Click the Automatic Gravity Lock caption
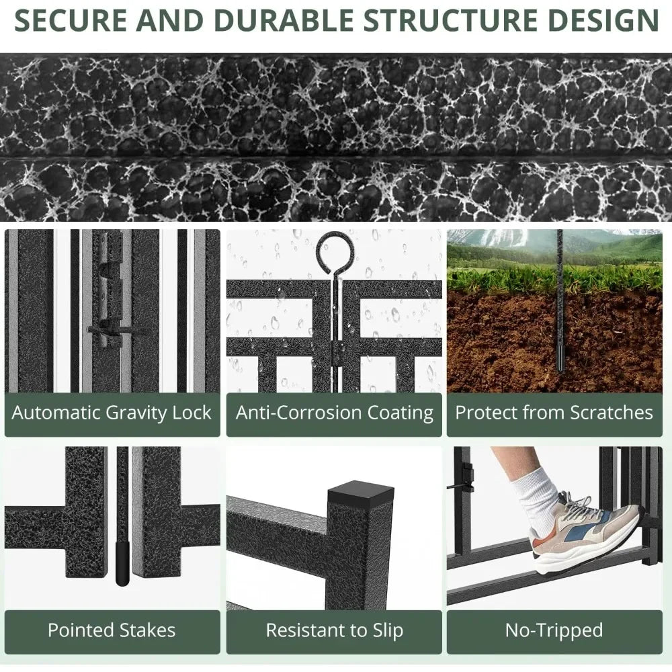tap(112, 413)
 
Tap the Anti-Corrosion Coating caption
tap(334, 413)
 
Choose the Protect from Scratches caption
tap(554, 413)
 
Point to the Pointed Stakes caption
tap(112, 630)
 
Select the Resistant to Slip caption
tap(334, 630)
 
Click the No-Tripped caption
tap(554, 630)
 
